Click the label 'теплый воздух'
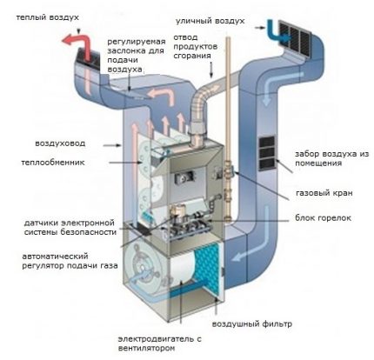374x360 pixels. coord(38,17)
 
